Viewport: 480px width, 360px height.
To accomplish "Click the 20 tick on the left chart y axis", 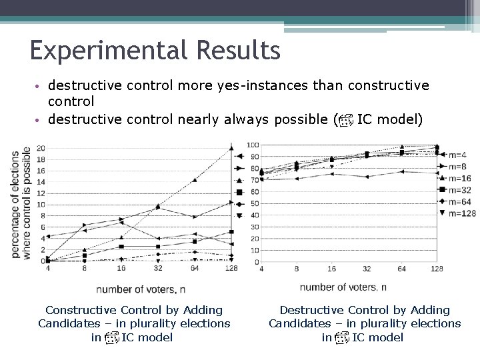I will [x=41, y=147].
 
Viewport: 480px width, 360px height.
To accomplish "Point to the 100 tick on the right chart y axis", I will [x=253, y=145].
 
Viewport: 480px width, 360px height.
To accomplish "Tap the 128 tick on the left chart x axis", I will [x=230, y=269].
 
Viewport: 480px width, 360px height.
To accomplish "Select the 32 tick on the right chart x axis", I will [x=366, y=269].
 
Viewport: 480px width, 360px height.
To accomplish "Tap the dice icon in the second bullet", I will [x=345, y=121].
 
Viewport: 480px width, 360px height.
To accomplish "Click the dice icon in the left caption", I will [x=111, y=338].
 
